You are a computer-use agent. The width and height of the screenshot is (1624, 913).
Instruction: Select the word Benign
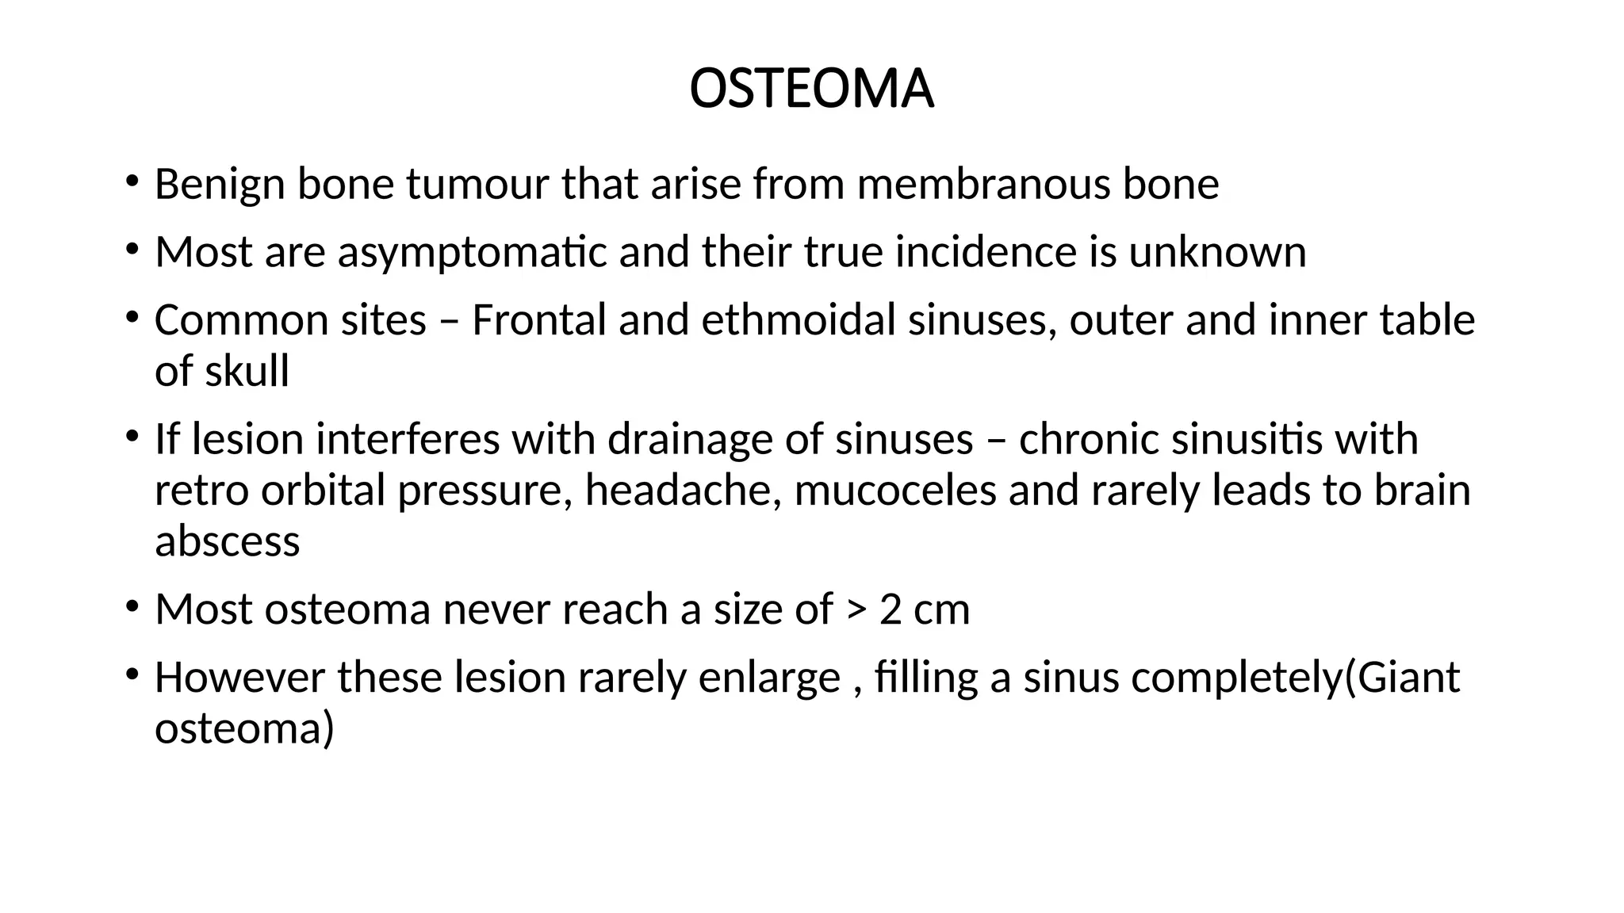tap(220, 185)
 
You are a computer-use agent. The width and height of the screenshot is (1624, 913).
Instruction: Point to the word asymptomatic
tap(472, 253)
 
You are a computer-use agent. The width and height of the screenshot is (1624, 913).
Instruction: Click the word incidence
tap(986, 253)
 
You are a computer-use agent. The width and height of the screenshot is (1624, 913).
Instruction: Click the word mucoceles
tap(894, 491)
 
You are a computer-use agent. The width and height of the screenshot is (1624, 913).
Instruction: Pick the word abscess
tap(228, 542)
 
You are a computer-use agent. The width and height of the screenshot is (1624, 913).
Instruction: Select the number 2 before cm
tap(891, 610)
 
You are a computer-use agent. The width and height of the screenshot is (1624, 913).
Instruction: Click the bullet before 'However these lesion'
tap(131, 673)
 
